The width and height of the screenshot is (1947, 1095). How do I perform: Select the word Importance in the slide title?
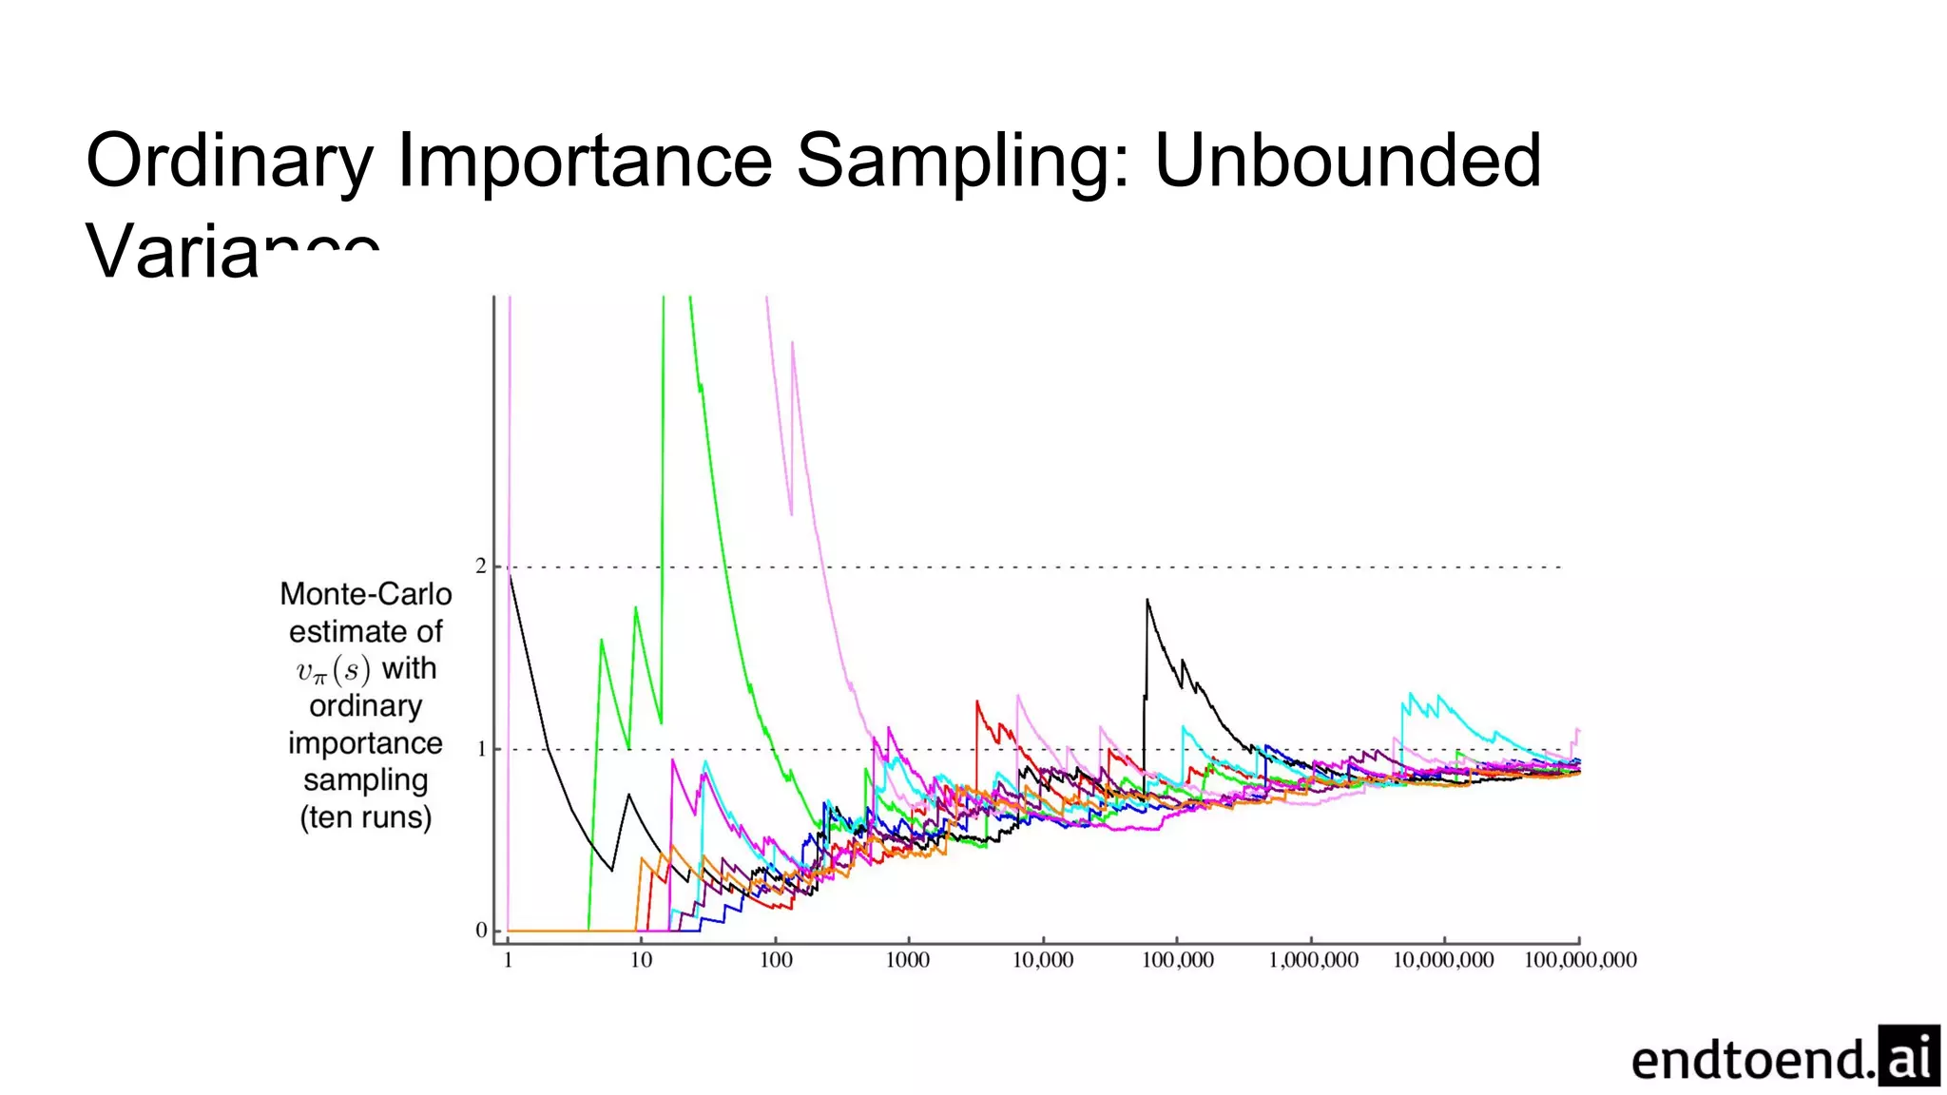pyautogui.click(x=584, y=162)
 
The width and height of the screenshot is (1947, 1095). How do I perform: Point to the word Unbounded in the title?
pyautogui.click(x=1347, y=162)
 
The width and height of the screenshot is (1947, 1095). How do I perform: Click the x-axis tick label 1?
pyautogui.click(x=508, y=960)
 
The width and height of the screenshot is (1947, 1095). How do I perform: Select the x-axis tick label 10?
pyautogui.click(x=642, y=960)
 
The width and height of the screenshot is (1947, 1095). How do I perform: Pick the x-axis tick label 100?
pyautogui.click(x=776, y=960)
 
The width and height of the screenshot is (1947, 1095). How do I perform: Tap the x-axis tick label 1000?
pyautogui.click(x=908, y=960)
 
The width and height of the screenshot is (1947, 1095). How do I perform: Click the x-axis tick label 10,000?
pyautogui.click(x=1043, y=960)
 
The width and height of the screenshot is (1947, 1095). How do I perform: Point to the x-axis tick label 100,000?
pyautogui.click(x=1177, y=960)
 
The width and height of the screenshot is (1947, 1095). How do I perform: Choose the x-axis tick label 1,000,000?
pyautogui.click(x=1313, y=960)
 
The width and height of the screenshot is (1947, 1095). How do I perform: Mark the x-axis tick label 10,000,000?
pyautogui.click(x=1443, y=960)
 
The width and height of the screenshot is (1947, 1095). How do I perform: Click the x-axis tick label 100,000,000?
pyautogui.click(x=1580, y=960)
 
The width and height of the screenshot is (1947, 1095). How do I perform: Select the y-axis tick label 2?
pyautogui.click(x=481, y=567)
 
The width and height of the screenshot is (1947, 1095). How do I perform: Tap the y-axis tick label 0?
pyautogui.click(x=481, y=931)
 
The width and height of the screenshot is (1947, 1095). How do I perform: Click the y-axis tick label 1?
pyautogui.click(x=481, y=749)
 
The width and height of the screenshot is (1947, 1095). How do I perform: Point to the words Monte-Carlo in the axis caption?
pyautogui.click(x=366, y=594)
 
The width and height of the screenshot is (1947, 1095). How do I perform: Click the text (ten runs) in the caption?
pyautogui.click(x=366, y=817)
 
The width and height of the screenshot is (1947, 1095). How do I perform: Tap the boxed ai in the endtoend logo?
pyautogui.click(x=1909, y=1056)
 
